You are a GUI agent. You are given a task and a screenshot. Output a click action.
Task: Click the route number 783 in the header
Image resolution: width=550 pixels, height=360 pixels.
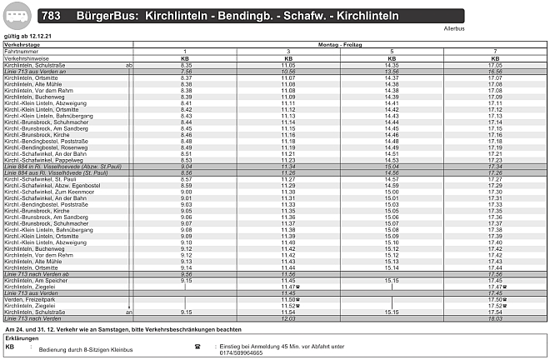(50, 16)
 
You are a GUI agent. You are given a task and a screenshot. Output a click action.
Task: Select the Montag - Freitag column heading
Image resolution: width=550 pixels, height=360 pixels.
(341, 44)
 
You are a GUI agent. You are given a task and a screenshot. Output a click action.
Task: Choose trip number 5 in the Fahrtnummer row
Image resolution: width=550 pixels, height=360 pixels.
(392, 52)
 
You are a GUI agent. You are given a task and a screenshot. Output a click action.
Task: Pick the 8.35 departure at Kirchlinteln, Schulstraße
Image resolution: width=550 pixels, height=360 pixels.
(187, 65)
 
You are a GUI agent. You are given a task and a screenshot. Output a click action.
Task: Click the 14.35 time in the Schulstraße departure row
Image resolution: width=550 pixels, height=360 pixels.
(392, 65)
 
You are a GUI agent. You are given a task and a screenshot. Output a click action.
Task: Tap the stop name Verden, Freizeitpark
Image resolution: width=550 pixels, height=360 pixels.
(32, 299)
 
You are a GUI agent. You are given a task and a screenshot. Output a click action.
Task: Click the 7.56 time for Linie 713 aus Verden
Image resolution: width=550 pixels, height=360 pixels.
(187, 72)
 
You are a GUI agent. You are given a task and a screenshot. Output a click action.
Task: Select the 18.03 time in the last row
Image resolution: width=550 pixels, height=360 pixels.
(494, 318)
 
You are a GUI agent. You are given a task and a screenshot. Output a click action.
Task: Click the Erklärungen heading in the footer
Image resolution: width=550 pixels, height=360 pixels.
(22, 338)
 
